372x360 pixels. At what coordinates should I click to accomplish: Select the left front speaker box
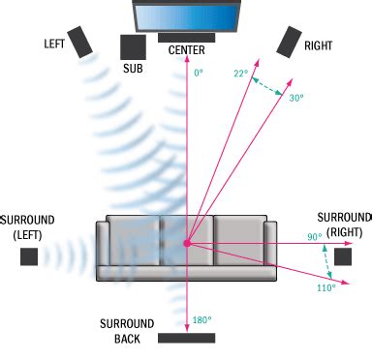coord(82,40)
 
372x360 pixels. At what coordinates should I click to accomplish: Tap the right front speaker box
coord(290,42)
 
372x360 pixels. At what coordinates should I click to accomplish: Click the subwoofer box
coord(133,47)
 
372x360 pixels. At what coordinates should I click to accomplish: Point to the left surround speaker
coord(29,256)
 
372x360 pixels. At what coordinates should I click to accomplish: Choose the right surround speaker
coord(343,256)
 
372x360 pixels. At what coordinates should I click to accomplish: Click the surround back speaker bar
coord(186,338)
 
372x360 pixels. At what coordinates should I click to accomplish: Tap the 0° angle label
coord(199,74)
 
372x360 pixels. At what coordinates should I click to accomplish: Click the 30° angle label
coord(296,98)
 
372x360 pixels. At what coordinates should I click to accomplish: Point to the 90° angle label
coord(315,236)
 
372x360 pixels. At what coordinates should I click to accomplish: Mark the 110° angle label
coord(325,287)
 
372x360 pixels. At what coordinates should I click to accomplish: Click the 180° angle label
coord(201,320)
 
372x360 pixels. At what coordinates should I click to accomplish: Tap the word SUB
coord(133,69)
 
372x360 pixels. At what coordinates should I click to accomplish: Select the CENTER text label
coord(186,50)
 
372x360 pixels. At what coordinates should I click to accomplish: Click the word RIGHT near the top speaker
coord(318,45)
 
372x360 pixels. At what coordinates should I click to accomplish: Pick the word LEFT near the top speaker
coord(55,45)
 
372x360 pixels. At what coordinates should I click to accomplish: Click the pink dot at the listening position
coord(186,241)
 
